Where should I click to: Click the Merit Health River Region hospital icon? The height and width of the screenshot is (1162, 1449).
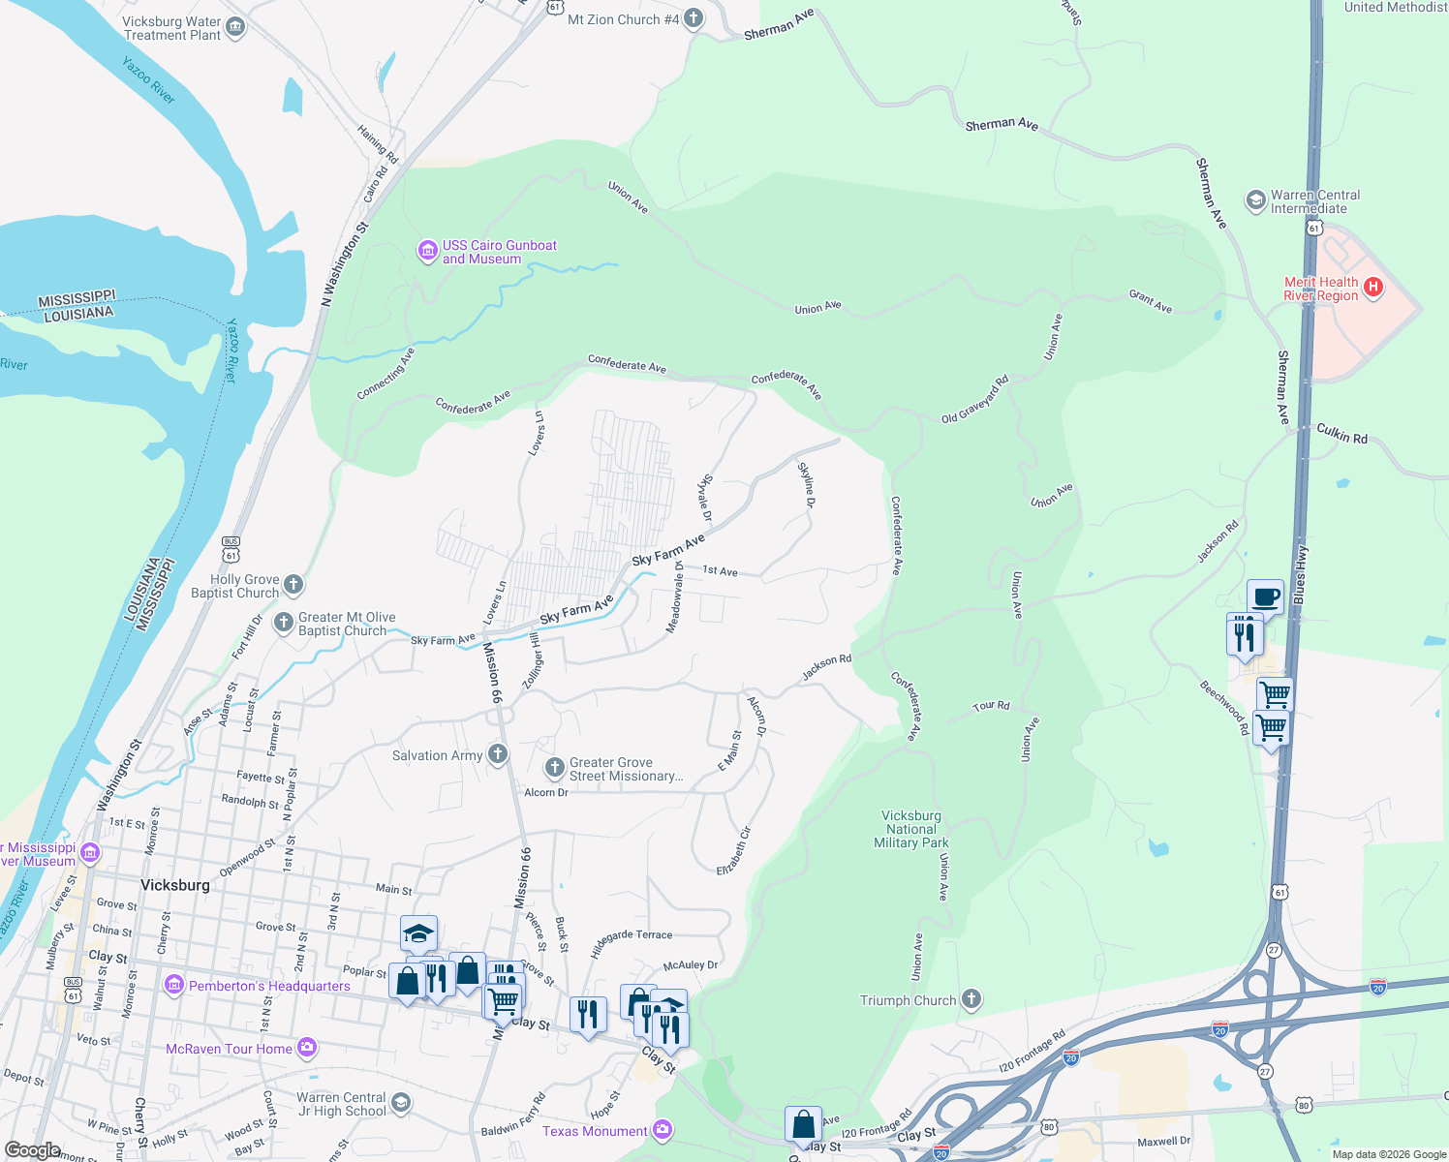(1372, 287)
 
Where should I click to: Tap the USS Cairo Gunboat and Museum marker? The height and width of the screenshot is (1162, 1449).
(427, 252)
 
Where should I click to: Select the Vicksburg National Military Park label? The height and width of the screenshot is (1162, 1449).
(910, 830)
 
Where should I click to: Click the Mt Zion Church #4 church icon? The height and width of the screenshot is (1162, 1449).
(694, 18)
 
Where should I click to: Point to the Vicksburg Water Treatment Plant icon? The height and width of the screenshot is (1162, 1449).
(235, 28)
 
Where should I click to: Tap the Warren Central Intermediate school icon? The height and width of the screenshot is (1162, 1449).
(1256, 200)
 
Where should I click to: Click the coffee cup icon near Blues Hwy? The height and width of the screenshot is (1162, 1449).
(1265, 596)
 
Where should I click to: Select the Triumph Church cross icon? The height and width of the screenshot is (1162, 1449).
(971, 999)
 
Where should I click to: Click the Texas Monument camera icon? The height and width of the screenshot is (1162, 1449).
(662, 1129)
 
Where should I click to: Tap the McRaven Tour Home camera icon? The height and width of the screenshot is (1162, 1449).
(307, 1047)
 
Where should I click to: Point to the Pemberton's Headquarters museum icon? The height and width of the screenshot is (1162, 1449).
(174, 986)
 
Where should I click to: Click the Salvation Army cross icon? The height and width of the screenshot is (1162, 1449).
(498, 754)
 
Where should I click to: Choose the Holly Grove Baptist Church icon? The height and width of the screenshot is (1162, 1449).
(294, 585)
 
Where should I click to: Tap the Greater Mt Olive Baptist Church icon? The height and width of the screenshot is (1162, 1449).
(284, 623)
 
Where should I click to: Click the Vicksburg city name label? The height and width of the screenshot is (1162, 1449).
(174, 885)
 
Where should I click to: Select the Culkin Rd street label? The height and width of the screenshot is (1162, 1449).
(1341, 434)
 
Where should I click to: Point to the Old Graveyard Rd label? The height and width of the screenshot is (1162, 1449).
(975, 400)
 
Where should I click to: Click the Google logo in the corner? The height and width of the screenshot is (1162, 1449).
(32, 1150)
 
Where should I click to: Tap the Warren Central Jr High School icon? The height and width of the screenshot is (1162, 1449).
(401, 1103)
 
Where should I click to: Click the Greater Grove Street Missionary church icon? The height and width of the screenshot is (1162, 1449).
(555, 768)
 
